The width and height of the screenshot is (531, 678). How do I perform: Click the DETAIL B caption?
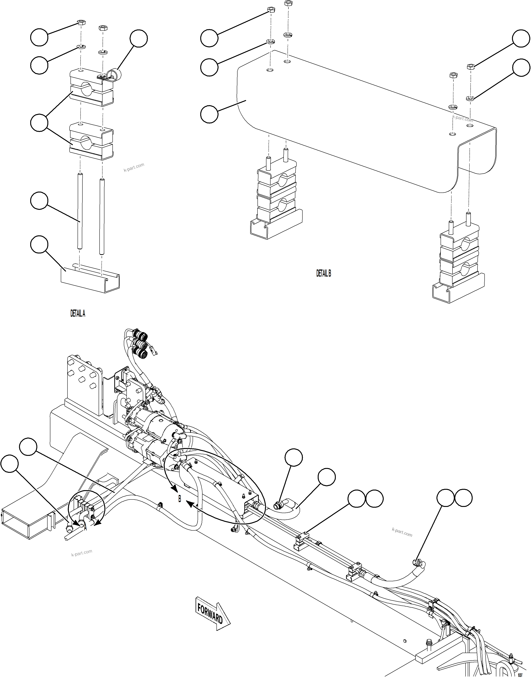[324, 273]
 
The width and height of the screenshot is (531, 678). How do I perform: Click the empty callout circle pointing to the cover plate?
[209, 114]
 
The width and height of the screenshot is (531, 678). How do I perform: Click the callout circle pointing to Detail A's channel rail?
[39, 245]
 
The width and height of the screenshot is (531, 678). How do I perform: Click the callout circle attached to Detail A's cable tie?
[139, 39]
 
